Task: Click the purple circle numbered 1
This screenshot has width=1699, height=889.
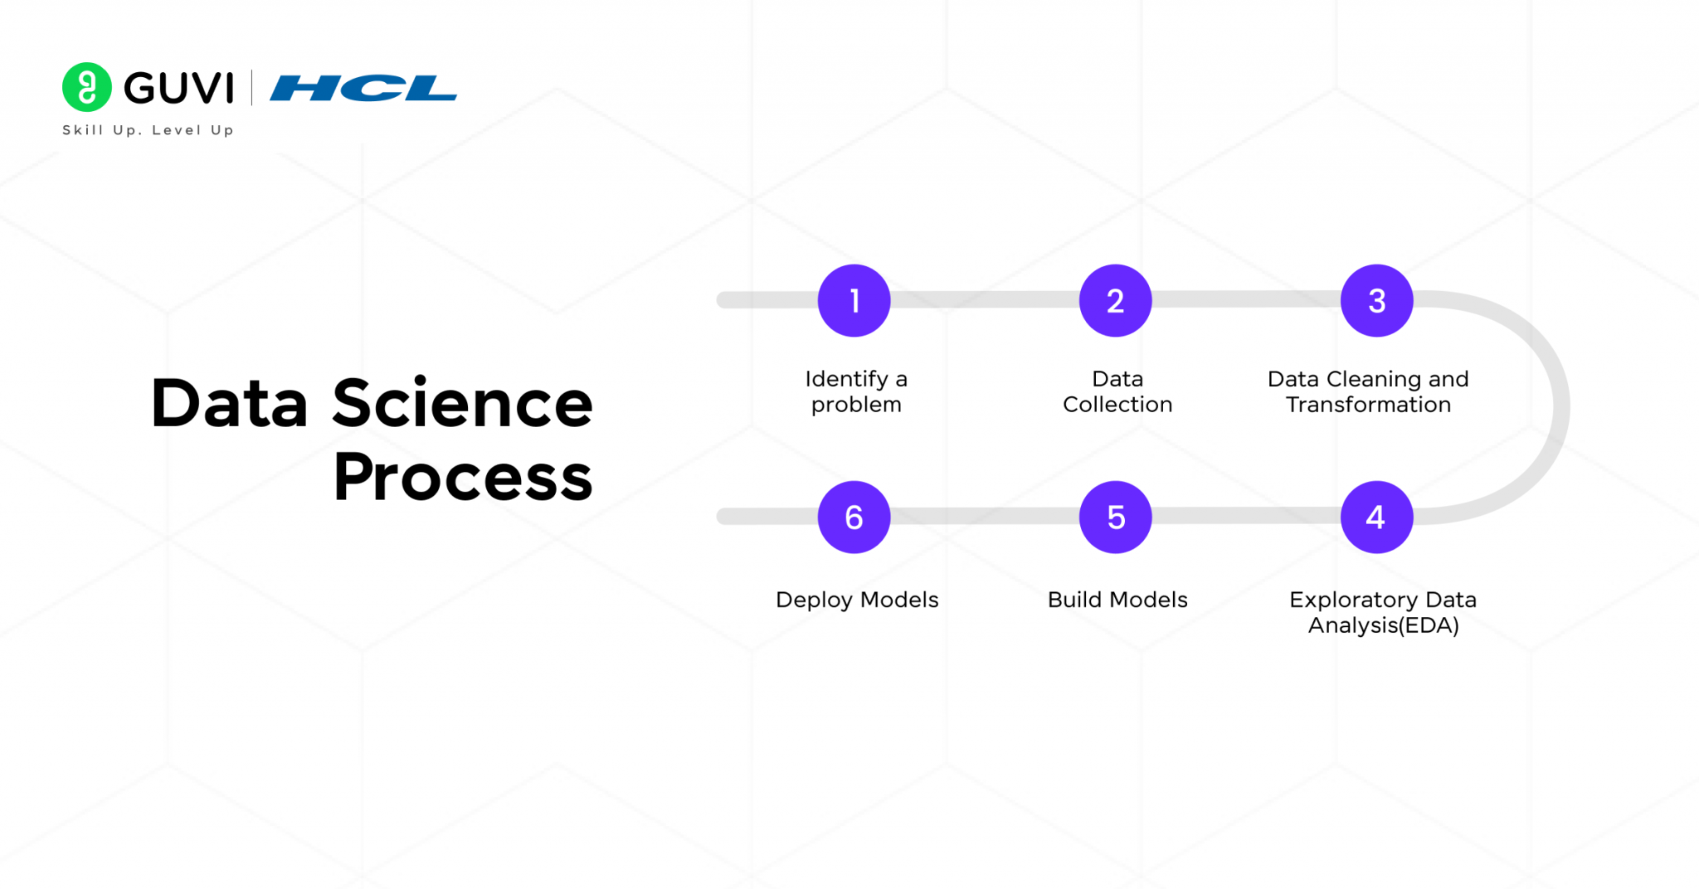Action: point(854,300)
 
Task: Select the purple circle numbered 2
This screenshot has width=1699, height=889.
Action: point(1115,300)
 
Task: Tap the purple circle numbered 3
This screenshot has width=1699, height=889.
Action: point(1376,300)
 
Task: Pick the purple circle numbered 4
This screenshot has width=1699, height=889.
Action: point(1376,517)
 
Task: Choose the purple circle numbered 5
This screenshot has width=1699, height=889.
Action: point(1115,517)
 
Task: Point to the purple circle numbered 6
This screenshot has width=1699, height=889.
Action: point(854,517)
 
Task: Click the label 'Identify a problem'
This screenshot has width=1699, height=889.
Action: point(856,391)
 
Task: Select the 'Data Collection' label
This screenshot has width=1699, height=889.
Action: point(1117,391)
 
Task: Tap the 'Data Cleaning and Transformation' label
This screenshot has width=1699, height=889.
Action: point(1368,391)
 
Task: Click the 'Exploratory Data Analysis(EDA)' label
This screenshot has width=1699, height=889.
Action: point(1383,612)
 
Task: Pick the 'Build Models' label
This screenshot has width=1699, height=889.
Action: point(1117,600)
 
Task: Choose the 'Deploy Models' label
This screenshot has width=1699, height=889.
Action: point(857,600)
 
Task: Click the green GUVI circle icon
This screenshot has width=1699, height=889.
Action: point(87,87)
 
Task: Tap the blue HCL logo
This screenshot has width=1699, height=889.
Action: point(363,88)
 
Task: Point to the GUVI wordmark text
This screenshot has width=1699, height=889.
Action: point(179,88)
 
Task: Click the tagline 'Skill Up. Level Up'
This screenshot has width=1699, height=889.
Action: point(148,130)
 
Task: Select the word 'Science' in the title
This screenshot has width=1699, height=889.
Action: point(462,404)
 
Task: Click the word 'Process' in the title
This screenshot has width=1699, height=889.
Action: point(463,478)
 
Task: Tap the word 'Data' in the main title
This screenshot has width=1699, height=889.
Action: point(229,404)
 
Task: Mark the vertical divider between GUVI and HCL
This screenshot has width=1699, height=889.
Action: point(251,88)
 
